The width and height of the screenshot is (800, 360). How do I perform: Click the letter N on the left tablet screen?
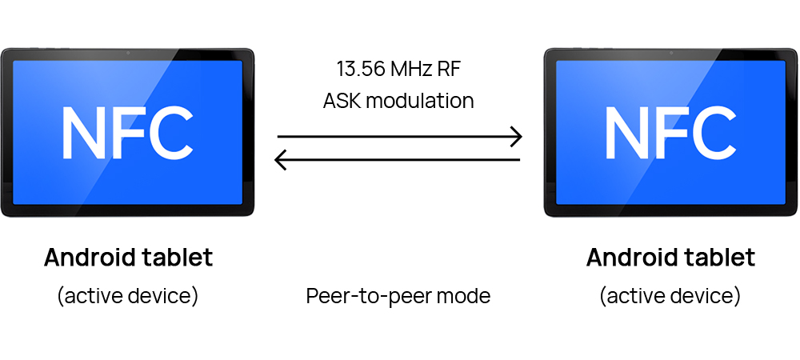pyautogui.click(x=85, y=132)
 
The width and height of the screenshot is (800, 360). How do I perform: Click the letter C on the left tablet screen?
pyautogui.click(x=170, y=132)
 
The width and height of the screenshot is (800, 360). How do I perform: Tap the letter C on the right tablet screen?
pyautogui.click(x=712, y=132)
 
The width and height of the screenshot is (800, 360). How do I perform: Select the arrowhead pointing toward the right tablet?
pyautogui.click(x=516, y=137)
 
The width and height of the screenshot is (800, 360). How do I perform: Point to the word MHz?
pyautogui.click(x=414, y=69)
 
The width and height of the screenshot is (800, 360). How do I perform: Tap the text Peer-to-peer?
pyautogui.click(x=368, y=296)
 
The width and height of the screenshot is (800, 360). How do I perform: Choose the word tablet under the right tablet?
pyautogui.click(x=716, y=258)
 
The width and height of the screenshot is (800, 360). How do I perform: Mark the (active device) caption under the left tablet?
pyautogui.click(x=128, y=295)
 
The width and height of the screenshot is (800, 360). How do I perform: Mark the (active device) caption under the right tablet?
pyautogui.click(x=670, y=295)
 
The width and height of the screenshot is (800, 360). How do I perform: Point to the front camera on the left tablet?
pyautogui.click(x=128, y=54)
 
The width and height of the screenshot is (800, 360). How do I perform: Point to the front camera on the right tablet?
pyautogui.click(x=670, y=54)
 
